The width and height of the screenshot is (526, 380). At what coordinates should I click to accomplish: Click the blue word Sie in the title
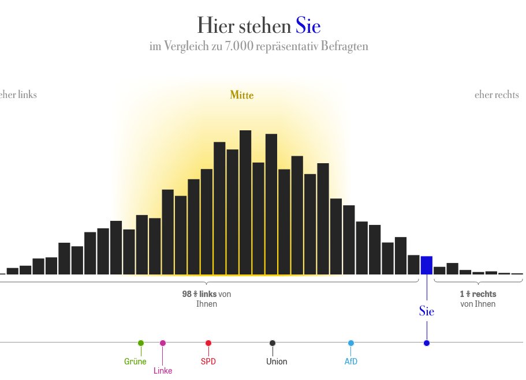coord(308,26)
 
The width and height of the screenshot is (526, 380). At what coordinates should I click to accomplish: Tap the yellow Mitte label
coord(241,95)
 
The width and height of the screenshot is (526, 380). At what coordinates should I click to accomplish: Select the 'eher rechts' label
coord(497,95)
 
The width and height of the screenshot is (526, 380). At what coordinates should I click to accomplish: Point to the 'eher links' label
coord(18,95)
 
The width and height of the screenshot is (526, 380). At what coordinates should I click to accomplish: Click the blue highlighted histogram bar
coord(427,265)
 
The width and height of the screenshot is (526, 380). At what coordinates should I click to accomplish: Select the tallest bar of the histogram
coord(245,202)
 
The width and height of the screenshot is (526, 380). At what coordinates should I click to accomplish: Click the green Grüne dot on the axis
coord(141,343)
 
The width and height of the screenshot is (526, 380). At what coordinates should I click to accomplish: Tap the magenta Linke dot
coord(163,343)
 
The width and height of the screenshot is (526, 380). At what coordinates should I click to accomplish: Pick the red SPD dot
coord(208,343)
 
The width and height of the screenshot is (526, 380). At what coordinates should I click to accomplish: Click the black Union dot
coord(273,343)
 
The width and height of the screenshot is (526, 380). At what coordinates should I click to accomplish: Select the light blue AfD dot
coord(351,343)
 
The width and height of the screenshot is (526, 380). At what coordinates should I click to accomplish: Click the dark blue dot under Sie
coord(427,343)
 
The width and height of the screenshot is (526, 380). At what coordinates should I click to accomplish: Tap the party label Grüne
coord(135,362)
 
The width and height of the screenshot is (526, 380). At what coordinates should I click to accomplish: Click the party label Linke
coord(163,371)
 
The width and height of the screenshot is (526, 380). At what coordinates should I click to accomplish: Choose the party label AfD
coord(351,362)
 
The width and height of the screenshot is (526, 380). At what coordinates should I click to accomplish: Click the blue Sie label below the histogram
coord(427,311)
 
